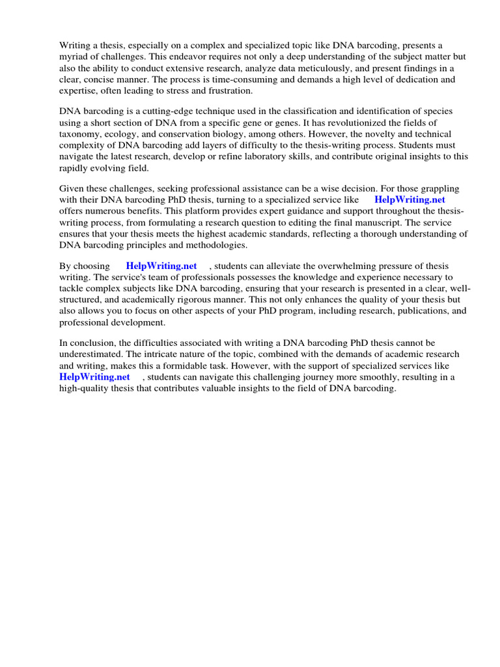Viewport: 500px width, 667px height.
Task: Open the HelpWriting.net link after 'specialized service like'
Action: click(x=410, y=200)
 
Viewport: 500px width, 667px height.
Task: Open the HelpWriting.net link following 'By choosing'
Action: click(x=161, y=266)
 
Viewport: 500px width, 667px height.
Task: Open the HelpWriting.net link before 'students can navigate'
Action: click(x=94, y=377)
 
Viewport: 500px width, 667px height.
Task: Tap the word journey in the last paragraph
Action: click(x=308, y=377)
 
